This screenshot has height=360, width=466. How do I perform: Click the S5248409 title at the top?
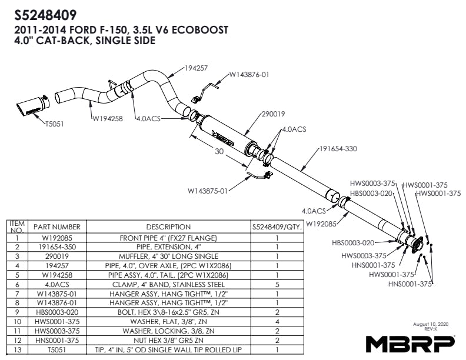tap(45, 15)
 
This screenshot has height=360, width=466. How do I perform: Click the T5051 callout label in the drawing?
tap(54, 124)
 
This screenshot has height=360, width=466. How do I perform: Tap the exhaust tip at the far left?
tap(33, 106)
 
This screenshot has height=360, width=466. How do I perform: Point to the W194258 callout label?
tap(107, 118)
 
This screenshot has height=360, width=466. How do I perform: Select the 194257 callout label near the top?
tap(196, 68)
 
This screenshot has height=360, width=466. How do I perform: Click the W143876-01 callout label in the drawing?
tap(249, 75)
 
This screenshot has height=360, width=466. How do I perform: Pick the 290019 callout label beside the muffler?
tap(273, 114)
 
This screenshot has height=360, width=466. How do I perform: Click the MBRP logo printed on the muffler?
tap(223, 138)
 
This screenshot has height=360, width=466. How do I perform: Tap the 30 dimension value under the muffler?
tap(219, 152)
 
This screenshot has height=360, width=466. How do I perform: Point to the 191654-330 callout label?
tap(338, 148)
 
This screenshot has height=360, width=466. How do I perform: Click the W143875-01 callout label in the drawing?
tap(208, 191)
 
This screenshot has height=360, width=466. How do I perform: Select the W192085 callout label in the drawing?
tap(321, 224)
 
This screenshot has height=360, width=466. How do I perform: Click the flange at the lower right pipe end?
tap(417, 245)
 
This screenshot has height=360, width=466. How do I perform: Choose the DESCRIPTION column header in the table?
tap(168, 227)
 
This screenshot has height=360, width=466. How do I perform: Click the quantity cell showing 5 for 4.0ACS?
tap(277, 285)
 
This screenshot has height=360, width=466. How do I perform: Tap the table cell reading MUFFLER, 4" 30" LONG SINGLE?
tap(168, 256)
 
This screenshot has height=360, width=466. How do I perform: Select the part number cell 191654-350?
tap(57, 247)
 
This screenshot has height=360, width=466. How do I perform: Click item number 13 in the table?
tap(18, 350)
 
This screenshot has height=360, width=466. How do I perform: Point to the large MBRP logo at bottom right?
tap(410, 344)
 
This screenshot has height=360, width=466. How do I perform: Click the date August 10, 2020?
tap(431, 324)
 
